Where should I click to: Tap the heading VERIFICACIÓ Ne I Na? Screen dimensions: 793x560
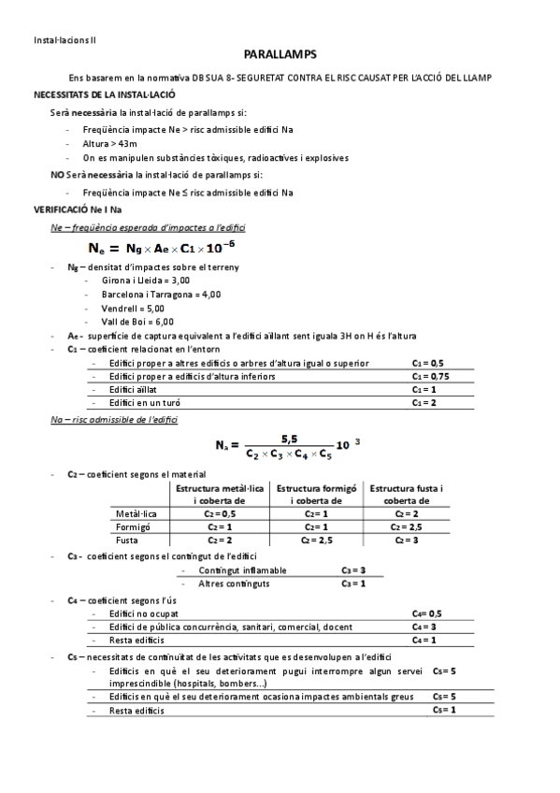click(x=80, y=210)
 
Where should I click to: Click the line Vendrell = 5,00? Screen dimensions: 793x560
click(x=132, y=308)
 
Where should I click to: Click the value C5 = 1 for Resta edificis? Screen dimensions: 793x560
click(x=443, y=710)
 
